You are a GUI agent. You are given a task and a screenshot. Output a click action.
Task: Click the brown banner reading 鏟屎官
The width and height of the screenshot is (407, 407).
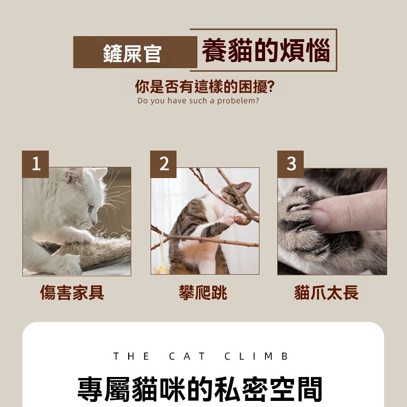[x=135, y=52]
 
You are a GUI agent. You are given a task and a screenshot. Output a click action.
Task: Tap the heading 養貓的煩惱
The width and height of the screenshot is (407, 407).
[x=266, y=50]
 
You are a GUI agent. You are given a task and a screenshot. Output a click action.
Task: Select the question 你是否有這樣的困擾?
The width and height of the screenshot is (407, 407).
[x=205, y=86]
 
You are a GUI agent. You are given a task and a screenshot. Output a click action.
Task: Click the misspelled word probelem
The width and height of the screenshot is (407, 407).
[x=238, y=101]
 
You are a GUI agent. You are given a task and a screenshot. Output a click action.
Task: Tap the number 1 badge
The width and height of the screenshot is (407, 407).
[x=35, y=164]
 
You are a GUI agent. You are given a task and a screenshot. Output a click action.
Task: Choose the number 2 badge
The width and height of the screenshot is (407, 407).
[x=163, y=164]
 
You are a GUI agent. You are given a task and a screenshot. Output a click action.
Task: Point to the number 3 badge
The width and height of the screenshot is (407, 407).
[x=290, y=164]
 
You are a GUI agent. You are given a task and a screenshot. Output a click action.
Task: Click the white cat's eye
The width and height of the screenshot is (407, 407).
[x=91, y=208]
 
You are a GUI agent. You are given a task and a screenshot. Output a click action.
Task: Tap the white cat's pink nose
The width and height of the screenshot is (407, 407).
[x=94, y=222]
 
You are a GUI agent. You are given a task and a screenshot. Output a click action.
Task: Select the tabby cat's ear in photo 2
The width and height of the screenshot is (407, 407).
[x=245, y=187]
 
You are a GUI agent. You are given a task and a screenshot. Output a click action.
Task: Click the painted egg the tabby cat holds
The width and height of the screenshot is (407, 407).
[x=243, y=219]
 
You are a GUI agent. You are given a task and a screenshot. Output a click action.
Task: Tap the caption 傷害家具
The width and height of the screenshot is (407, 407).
[x=72, y=293]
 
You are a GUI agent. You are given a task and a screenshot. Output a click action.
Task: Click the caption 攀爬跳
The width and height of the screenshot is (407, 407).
[x=203, y=293]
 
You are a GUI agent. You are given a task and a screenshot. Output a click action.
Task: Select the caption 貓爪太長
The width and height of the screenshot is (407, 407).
[x=326, y=293]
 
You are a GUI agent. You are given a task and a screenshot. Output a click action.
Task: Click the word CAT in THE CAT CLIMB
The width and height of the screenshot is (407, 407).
[x=187, y=356]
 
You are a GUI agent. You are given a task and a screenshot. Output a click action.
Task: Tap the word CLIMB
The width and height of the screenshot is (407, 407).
[x=256, y=356]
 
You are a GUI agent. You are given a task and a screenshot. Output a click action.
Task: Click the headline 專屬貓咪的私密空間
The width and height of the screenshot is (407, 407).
[x=200, y=389]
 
